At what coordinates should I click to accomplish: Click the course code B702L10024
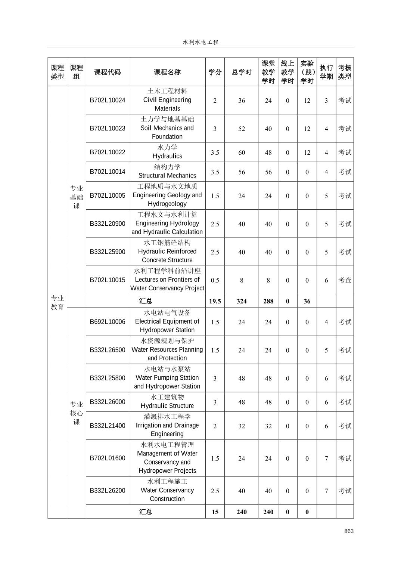click(x=108, y=100)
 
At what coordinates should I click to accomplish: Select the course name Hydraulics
click(x=167, y=152)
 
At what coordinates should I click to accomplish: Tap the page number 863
click(x=349, y=531)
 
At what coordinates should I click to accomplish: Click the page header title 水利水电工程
click(x=200, y=42)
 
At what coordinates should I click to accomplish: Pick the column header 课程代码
click(x=108, y=72)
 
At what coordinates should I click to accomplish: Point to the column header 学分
click(x=215, y=72)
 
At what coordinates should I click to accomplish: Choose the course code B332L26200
click(x=108, y=490)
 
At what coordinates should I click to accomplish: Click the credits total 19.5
click(x=215, y=301)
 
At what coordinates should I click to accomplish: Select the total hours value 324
click(x=242, y=301)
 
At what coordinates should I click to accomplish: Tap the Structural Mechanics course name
click(x=167, y=172)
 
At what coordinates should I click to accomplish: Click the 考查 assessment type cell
click(x=345, y=280)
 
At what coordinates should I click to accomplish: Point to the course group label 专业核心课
click(x=77, y=413)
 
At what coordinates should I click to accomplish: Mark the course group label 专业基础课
click(x=77, y=197)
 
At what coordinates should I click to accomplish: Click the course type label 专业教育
click(x=57, y=302)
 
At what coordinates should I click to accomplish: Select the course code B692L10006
click(x=108, y=321)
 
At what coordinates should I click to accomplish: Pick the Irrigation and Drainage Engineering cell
click(x=167, y=425)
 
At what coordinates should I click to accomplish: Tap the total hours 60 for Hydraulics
click(x=242, y=152)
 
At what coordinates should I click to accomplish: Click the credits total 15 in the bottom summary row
click(x=215, y=512)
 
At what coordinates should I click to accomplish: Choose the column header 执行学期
click(x=326, y=72)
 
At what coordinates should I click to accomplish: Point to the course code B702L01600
click(x=108, y=458)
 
